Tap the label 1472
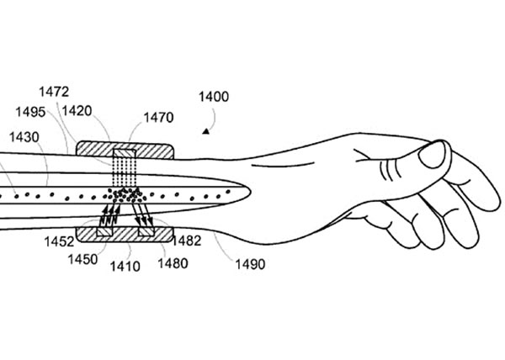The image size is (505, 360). pyautogui.click(x=55, y=91)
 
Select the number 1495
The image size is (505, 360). pyautogui.click(x=30, y=111)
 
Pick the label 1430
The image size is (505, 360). pyautogui.click(x=22, y=136)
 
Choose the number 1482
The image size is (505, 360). pyautogui.click(x=186, y=241)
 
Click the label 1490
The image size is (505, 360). pyautogui.click(x=250, y=264)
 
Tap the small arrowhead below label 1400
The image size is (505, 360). pyautogui.click(x=205, y=130)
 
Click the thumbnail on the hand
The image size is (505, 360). pyautogui.click(x=434, y=154)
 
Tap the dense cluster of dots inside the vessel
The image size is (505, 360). pyautogui.click(x=126, y=195)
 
